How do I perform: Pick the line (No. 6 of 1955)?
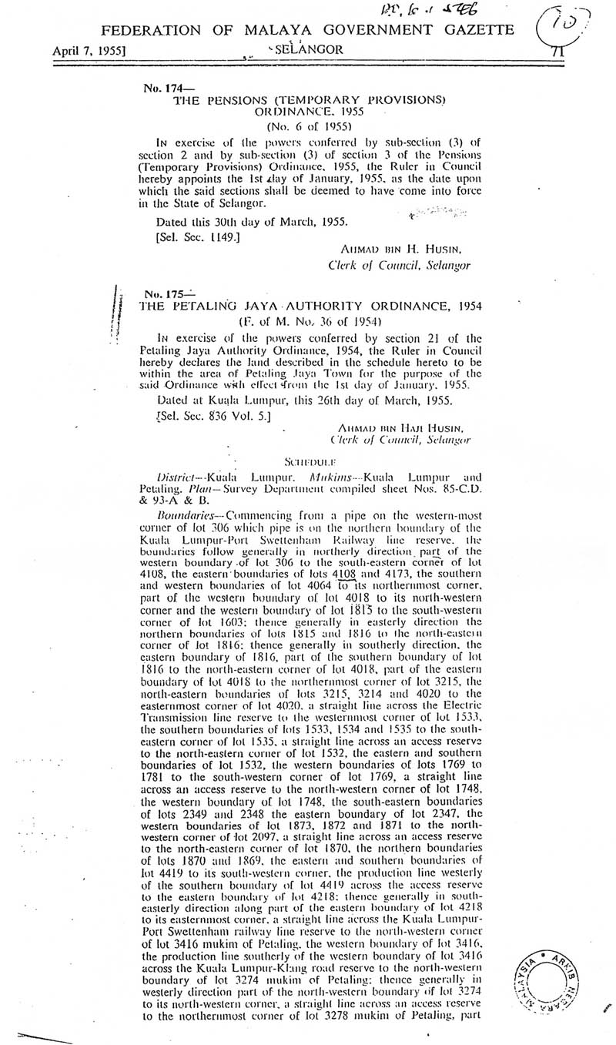[310, 127]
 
